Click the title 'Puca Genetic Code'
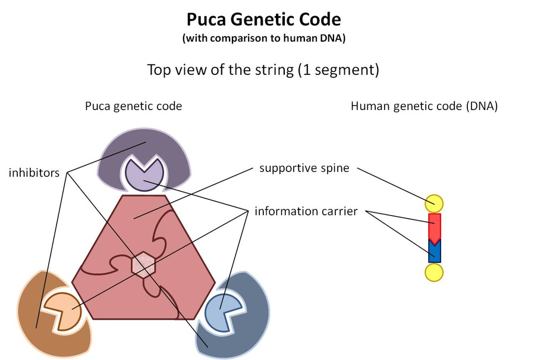264,20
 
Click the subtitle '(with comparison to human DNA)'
264,37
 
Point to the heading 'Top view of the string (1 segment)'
263,70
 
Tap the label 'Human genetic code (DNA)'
424,106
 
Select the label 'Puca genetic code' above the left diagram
133,106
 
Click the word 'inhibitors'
34,173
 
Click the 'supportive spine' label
304,168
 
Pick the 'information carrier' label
306,211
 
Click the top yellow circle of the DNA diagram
434,204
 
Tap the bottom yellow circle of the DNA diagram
434,273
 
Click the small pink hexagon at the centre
143,265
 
